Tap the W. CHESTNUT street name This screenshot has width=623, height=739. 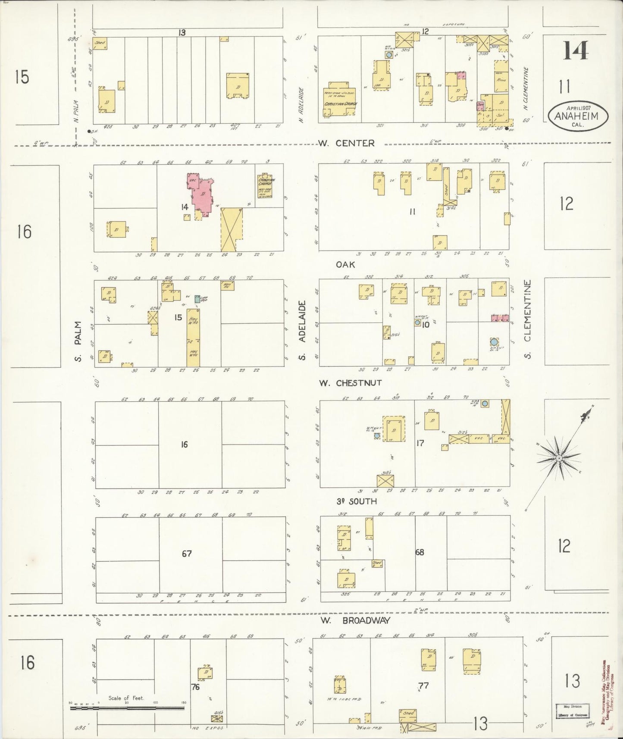click(350, 382)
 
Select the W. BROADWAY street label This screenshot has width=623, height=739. click(356, 620)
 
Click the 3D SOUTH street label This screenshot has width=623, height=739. click(356, 501)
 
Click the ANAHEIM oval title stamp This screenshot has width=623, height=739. click(578, 114)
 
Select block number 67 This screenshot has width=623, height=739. click(186, 554)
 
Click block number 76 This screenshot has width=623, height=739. click(195, 687)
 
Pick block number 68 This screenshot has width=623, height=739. click(420, 552)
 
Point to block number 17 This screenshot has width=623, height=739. click(420, 443)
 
